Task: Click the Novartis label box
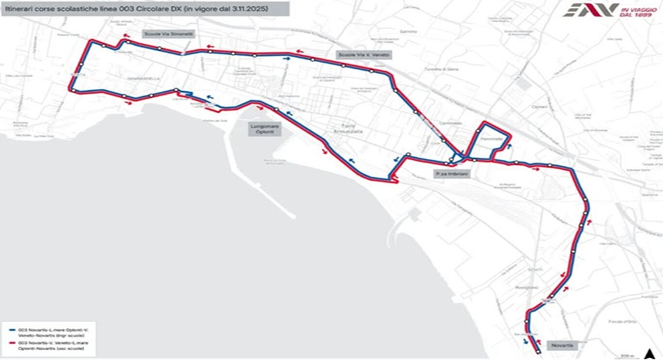click(x=563, y=345)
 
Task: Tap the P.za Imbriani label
click(x=451, y=173)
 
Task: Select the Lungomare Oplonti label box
click(x=265, y=129)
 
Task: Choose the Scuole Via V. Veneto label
click(x=364, y=55)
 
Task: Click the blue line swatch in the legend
click(x=12, y=330)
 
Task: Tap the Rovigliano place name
click(x=527, y=287)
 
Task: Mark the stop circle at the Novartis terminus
click(x=538, y=352)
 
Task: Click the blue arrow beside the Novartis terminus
click(x=527, y=341)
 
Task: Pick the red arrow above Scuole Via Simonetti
click(x=127, y=35)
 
